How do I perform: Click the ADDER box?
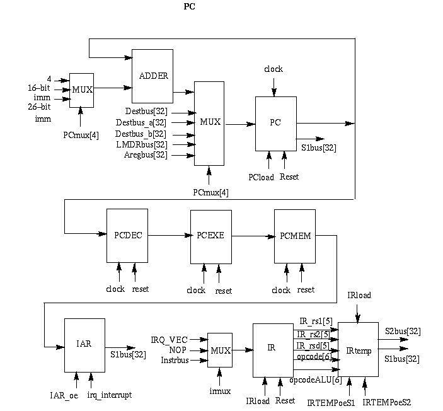(152, 76)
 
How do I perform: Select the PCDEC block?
(127, 235)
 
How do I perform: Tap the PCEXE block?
(211, 236)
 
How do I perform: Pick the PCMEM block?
(294, 236)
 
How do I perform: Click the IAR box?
(84, 345)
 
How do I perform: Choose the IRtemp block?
(358, 349)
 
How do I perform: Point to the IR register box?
(273, 349)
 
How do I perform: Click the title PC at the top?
(189, 7)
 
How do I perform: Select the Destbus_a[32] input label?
(141, 122)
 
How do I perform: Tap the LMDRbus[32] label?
(142, 144)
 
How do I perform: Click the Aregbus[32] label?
(146, 155)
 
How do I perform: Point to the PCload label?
(262, 177)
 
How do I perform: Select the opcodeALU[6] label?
(315, 381)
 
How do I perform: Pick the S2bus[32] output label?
(403, 330)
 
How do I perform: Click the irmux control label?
(219, 391)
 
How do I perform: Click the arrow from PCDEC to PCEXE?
(169, 236)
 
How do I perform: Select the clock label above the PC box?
(273, 69)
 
